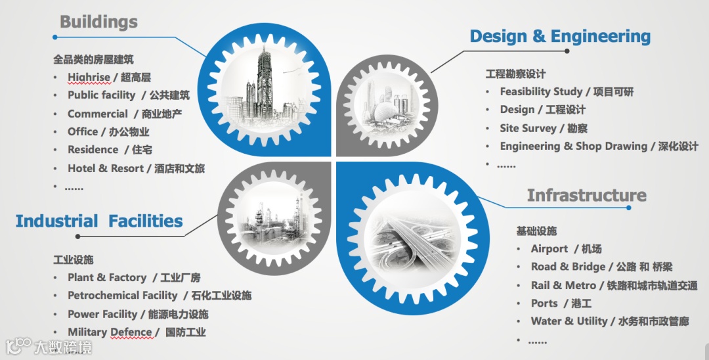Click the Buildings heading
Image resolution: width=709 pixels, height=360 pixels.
click(98, 21)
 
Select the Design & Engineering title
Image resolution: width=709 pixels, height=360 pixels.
click(560, 36)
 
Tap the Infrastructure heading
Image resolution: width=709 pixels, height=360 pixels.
click(586, 195)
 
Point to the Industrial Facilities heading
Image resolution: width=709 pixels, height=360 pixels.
click(99, 221)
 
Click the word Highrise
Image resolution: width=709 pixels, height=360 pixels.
click(89, 78)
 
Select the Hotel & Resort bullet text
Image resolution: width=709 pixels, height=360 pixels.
click(136, 168)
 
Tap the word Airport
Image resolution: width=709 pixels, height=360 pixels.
click(549, 249)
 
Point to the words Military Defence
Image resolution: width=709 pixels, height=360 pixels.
click(110, 332)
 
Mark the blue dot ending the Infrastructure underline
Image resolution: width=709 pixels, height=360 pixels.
click(629, 208)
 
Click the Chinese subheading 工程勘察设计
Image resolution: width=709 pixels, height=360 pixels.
click(515, 74)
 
